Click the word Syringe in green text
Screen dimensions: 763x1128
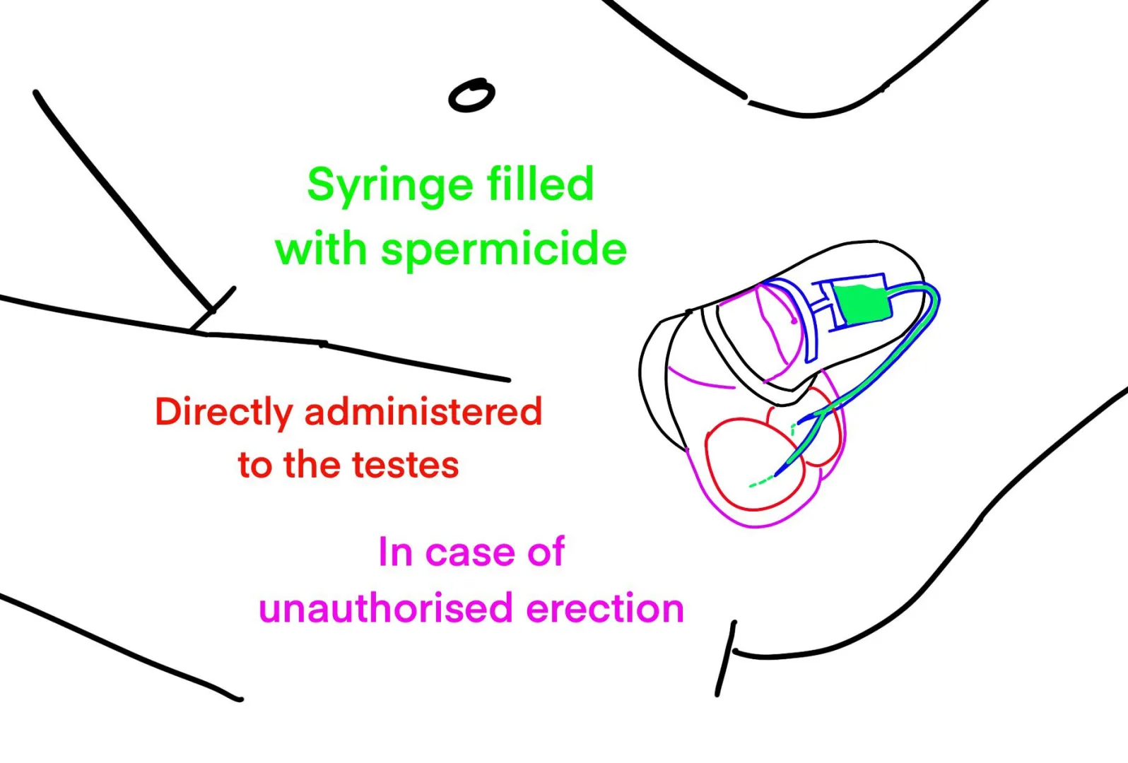tap(389, 186)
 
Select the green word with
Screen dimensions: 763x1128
tap(321, 249)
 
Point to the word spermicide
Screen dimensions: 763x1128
tap(503, 250)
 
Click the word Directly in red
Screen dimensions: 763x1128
tap(223, 413)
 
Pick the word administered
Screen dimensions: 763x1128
tap(423, 411)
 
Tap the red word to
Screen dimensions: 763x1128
tap(254, 465)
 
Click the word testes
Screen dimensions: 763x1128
tap(405, 466)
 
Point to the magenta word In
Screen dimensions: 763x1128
tap(395, 552)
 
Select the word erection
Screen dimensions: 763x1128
tap(605, 608)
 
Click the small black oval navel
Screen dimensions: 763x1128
tap(471, 95)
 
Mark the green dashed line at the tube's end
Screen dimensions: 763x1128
tap(760, 483)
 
